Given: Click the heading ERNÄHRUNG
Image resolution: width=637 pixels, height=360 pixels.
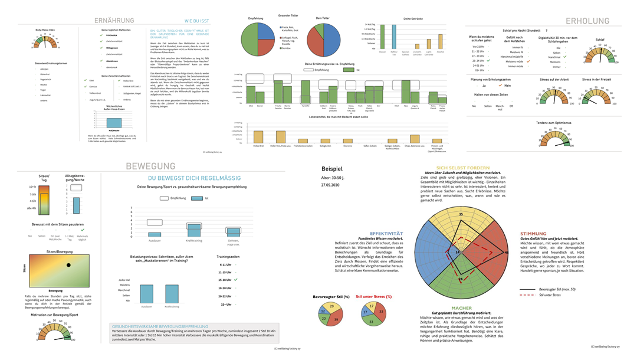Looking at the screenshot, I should pyautogui.click(x=114, y=21).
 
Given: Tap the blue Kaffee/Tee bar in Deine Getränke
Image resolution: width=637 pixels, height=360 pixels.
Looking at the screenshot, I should pyautogui.click(x=394, y=37).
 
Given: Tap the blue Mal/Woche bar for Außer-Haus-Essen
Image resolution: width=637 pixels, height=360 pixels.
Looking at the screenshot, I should pyautogui.click(x=114, y=123).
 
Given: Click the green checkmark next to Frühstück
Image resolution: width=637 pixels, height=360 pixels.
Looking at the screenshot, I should pyautogui.click(x=101, y=35).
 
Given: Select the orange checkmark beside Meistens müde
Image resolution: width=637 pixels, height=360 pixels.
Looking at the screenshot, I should pyautogui.click(x=528, y=61).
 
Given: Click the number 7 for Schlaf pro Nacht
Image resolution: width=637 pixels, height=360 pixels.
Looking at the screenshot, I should pyautogui.click(x=546, y=30).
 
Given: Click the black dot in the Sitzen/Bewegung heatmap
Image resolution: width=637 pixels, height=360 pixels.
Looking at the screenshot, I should pyautogui.click(x=68, y=266).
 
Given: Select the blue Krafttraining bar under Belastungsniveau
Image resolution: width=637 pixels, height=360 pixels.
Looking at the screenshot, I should pyautogui.click(x=172, y=293).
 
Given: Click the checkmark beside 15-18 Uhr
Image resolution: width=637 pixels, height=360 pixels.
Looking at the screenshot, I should pyautogui.click(x=236, y=280).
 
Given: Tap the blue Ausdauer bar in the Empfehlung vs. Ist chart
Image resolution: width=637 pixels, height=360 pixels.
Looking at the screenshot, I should pyautogui.click(x=155, y=234).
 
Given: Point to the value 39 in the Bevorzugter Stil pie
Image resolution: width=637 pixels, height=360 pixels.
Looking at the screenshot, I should pyautogui.click(x=336, y=319).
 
